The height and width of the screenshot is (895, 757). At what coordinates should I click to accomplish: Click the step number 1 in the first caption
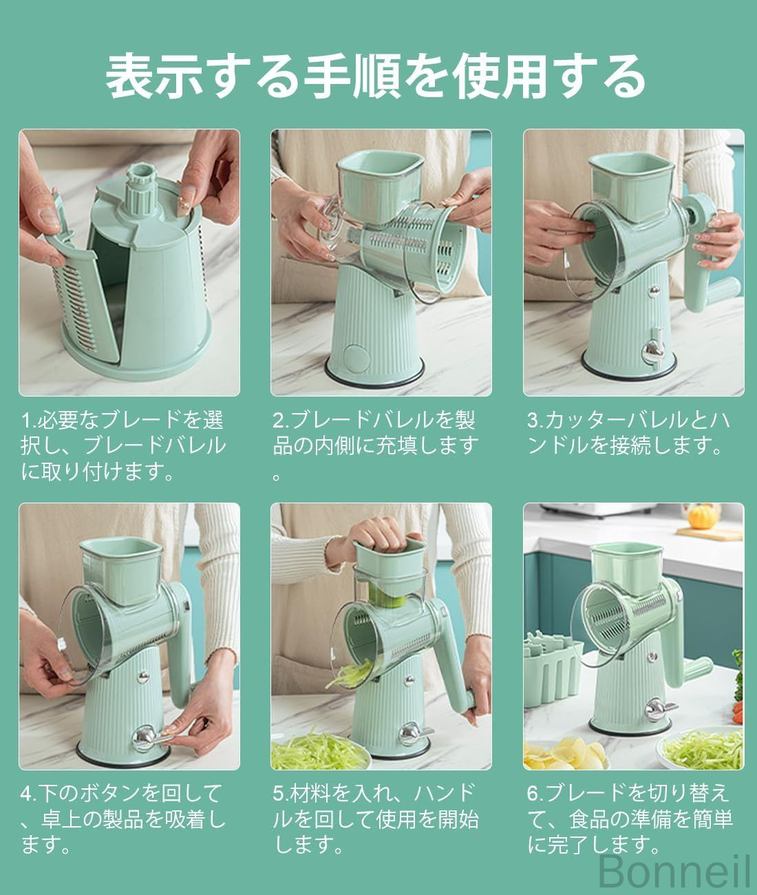(26, 420)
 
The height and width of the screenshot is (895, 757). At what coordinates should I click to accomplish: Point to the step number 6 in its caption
(533, 793)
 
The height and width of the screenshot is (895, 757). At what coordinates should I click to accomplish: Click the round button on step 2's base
(356, 357)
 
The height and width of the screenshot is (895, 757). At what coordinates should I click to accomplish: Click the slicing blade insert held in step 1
(74, 277)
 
